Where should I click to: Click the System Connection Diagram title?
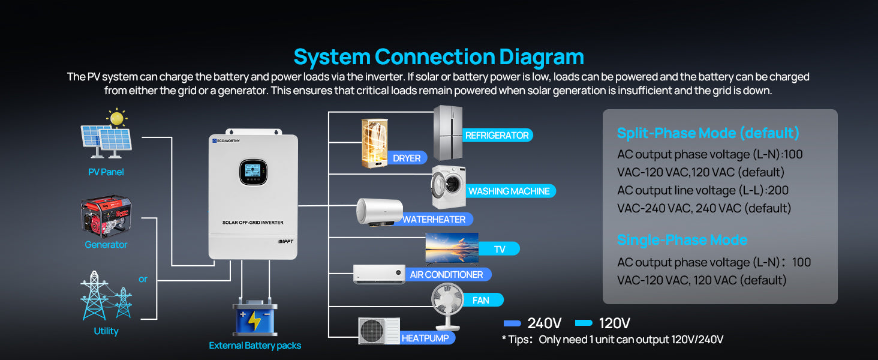pos(438,57)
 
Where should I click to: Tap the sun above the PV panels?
pos(117,118)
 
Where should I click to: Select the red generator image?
pos(106,215)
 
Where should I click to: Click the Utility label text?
pos(106,331)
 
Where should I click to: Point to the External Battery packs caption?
pos(255,346)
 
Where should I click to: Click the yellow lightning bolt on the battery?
pos(254,320)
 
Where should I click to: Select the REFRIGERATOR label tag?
pos(497,136)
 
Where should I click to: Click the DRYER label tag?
pos(406,158)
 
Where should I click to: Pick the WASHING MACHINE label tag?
pos(509,191)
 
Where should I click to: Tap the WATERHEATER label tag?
pos(434,220)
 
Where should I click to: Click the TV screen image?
pos(452,247)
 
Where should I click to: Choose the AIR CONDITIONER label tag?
pos(446,275)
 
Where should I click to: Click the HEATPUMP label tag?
pos(425,338)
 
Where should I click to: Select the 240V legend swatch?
pos(512,323)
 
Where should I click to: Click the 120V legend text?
pos(614,323)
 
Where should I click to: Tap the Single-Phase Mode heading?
pos(682,240)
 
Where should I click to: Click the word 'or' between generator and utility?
pos(143,279)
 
